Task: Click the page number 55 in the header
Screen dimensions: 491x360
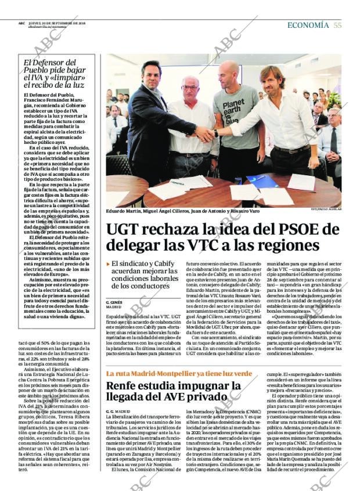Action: coord(337,25)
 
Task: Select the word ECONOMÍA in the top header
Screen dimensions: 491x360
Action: coord(308,25)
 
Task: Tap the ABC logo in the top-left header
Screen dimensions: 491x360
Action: coord(21,23)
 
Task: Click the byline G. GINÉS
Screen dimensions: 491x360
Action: coord(116,303)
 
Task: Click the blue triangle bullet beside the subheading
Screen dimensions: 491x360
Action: coord(107,264)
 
